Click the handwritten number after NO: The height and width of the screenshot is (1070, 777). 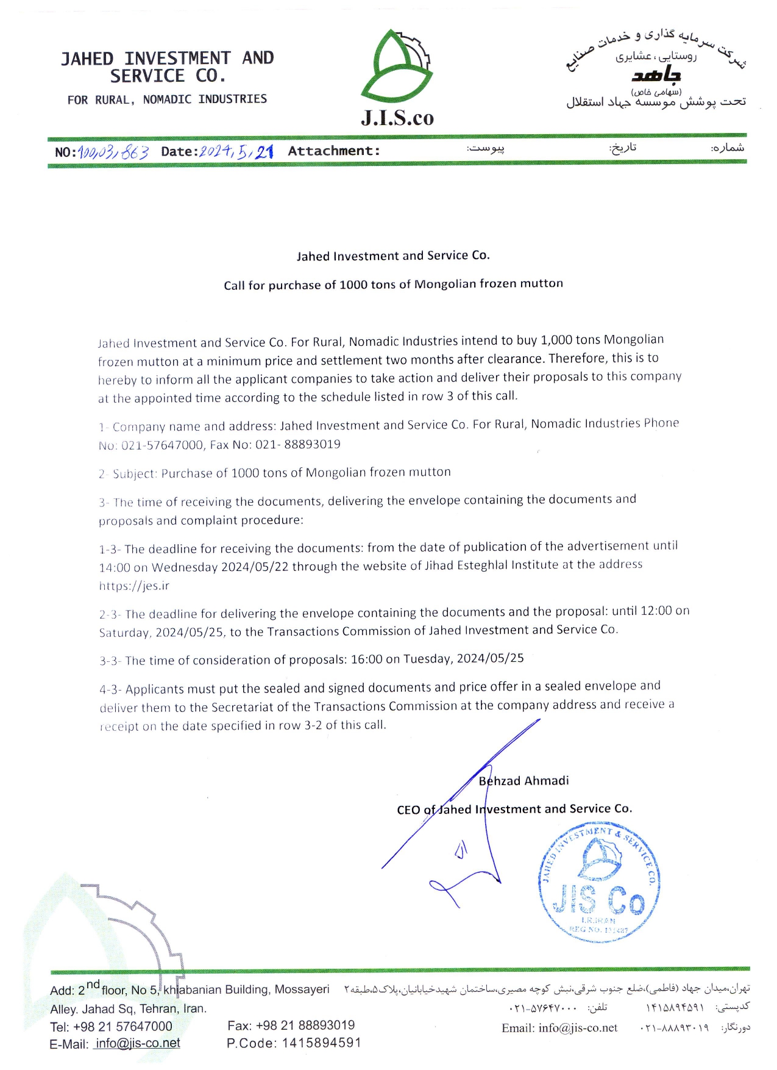click(113, 152)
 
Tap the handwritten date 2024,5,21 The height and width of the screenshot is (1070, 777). click(236, 151)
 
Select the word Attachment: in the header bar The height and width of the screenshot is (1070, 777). click(333, 151)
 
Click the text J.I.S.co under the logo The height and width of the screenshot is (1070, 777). click(397, 117)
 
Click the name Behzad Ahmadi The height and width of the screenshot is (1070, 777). click(523, 781)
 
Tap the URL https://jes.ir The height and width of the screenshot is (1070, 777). click(134, 586)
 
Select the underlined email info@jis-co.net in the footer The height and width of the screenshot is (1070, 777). click(137, 1043)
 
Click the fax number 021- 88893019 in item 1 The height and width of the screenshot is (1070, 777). click(297, 444)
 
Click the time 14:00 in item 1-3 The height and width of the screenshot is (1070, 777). click(115, 567)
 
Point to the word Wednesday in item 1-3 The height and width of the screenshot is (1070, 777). click(185, 567)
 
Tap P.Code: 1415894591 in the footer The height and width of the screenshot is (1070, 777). click(294, 1043)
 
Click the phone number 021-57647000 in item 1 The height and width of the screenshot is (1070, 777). click(162, 445)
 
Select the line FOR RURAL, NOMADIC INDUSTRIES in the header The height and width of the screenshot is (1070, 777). click(167, 99)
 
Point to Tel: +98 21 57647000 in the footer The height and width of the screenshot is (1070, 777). click(111, 1026)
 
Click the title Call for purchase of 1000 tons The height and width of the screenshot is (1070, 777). click(393, 284)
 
